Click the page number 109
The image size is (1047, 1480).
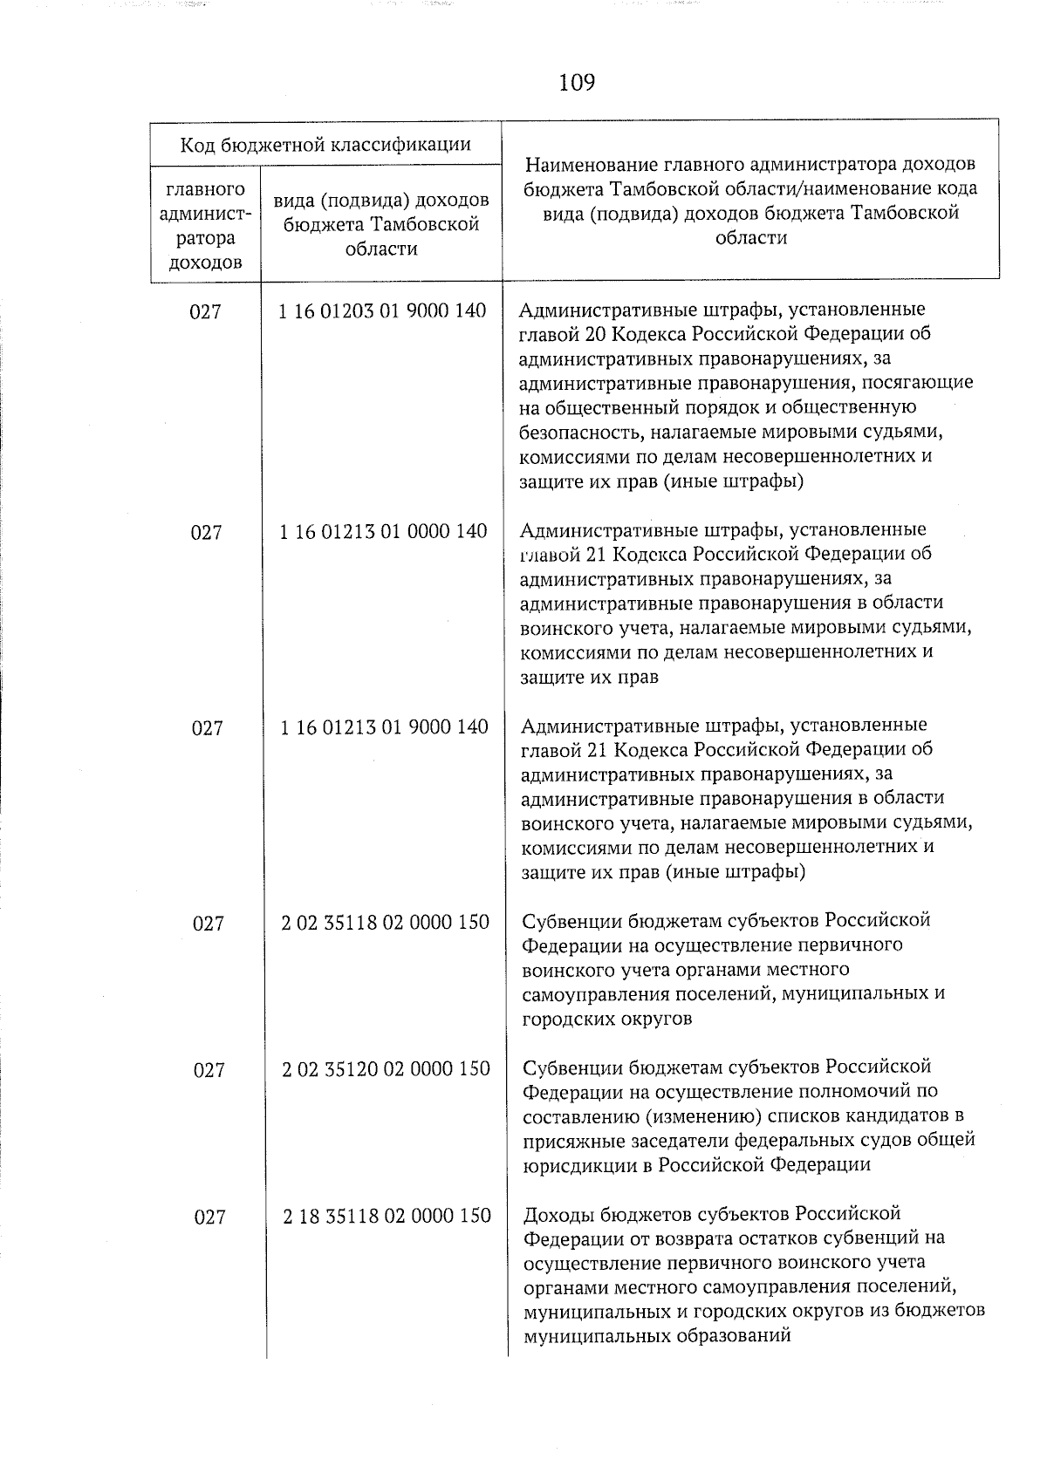[x=576, y=83]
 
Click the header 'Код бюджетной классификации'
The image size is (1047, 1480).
[x=325, y=144]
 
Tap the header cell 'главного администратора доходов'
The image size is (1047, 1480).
[x=205, y=226]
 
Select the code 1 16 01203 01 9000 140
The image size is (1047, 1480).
[x=382, y=311]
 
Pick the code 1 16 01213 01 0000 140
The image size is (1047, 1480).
[x=383, y=531]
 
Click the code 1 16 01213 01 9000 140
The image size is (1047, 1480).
[x=384, y=726]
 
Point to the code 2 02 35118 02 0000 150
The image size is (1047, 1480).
[x=385, y=922]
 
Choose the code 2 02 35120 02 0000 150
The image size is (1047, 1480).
[x=386, y=1068]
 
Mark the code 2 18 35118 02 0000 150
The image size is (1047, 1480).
[x=387, y=1215]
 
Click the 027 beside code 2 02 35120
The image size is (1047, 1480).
[x=209, y=1070]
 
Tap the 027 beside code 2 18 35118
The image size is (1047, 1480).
[x=209, y=1217]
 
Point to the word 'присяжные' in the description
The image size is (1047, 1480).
[x=569, y=1141]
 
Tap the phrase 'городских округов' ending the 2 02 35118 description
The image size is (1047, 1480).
[x=606, y=1019]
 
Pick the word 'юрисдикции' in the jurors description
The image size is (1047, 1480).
[x=572, y=1165]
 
